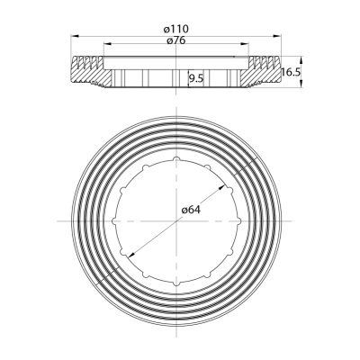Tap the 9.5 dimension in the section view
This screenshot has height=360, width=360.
(x=195, y=78)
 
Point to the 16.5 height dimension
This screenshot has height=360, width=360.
(x=289, y=72)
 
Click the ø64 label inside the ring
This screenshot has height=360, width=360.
(x=190, y=210)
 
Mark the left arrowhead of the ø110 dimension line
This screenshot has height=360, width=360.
(x=72, y=36)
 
